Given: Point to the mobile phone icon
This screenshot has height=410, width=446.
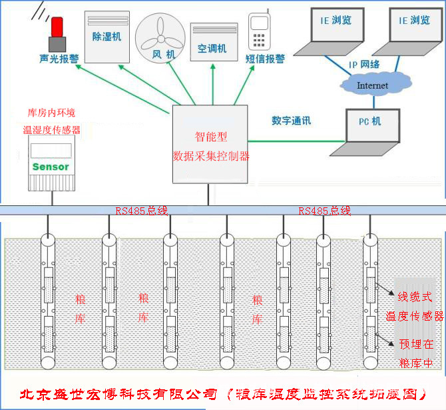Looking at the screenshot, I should coord(258,31).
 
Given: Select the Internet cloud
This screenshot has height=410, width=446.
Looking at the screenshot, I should coord(373,85).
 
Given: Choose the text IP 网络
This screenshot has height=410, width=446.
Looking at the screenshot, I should coord(364,64).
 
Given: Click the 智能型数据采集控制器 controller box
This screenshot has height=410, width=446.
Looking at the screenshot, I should coord(210,145).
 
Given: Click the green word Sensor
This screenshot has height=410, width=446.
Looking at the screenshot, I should coord(51,167).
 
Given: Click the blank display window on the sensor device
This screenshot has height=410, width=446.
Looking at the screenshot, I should coord(51,150).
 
